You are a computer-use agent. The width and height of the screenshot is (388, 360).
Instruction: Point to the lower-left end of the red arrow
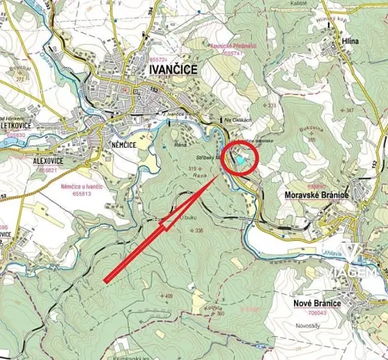point(105,281)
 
